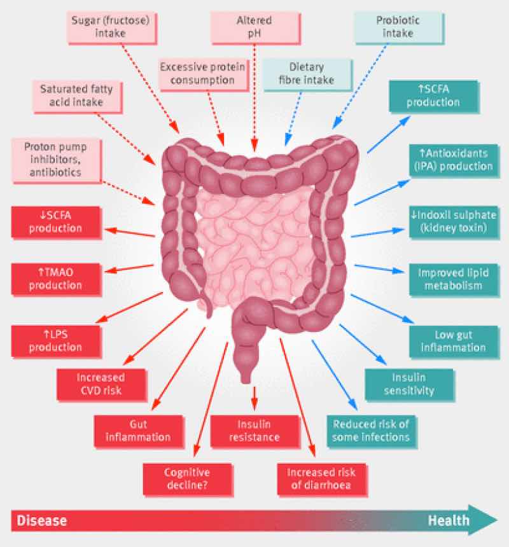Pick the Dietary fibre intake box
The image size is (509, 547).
coord(307,74)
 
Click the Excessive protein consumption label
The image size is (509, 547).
coord(197,73)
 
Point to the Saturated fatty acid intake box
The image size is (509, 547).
coord(71,96)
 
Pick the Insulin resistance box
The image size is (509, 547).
coord(254,430)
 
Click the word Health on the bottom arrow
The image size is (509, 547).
coord(448,520)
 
